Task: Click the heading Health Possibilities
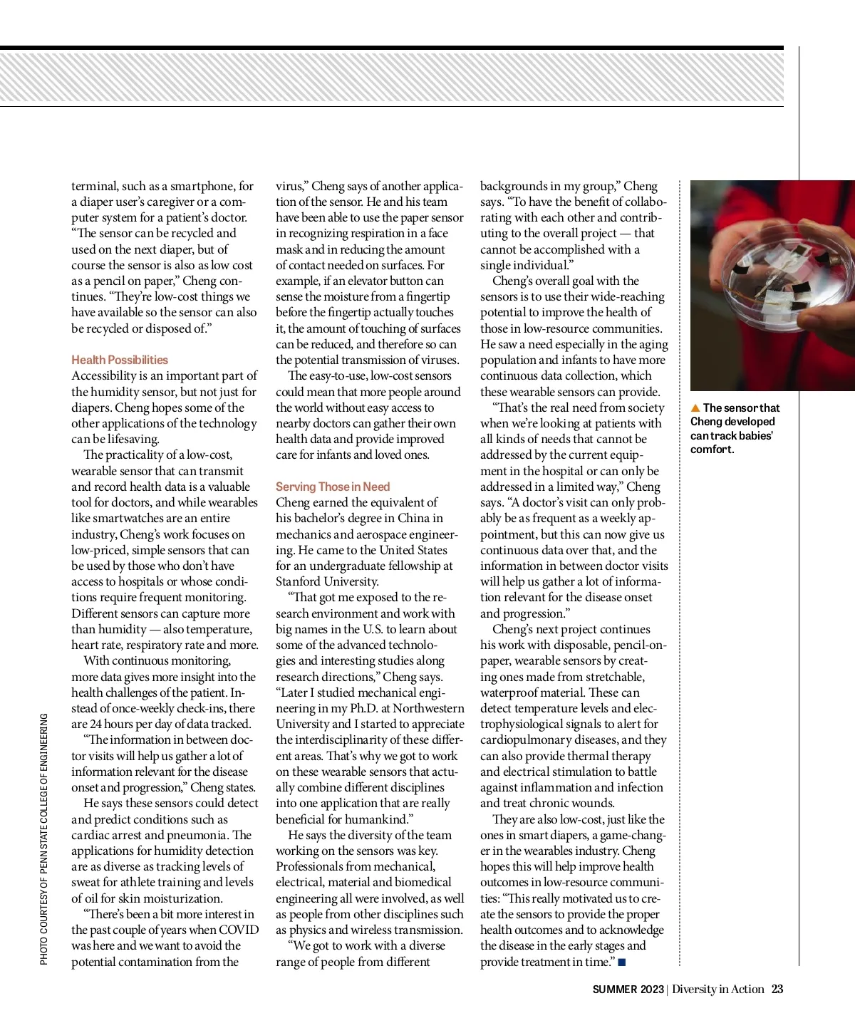120,360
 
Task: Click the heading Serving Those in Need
333,487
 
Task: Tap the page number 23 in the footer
777,989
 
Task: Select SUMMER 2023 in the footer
628,990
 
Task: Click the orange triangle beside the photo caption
695,408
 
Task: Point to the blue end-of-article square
622,962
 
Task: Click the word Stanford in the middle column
299,581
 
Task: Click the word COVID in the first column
239,930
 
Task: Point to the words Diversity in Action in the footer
718,990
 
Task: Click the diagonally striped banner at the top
392,78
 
